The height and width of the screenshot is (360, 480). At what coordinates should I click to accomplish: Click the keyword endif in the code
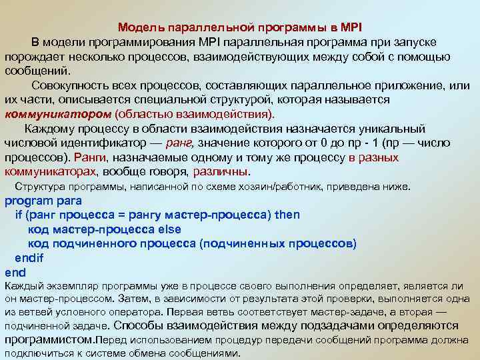click(29, 257)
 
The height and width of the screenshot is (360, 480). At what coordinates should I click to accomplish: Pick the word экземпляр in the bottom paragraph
click(66, 285)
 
